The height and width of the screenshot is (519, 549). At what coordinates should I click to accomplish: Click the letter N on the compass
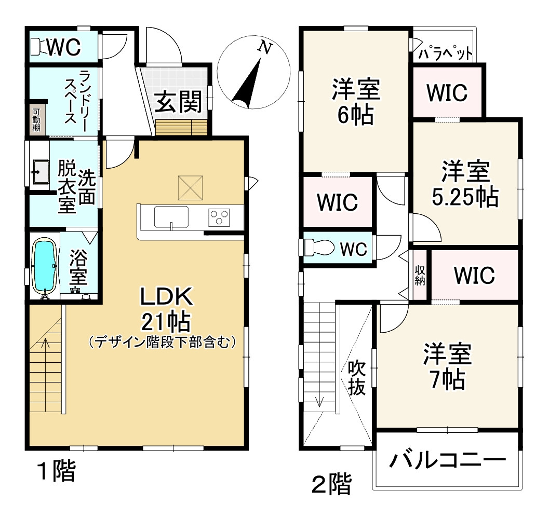coord(266,48)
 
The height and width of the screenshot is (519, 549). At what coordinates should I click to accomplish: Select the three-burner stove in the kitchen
coord(219,216)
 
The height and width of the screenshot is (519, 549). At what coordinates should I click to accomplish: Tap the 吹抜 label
coord(356,377)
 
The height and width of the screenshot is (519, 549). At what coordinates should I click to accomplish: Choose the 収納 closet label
coord(420,275)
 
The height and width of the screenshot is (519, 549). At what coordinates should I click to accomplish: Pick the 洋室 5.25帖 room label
coord(465,184)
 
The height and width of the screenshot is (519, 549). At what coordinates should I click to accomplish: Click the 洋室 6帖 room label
coord(355,102)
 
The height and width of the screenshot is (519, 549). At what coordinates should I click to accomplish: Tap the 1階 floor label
coord(56,472)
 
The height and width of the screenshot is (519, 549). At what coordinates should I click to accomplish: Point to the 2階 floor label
coord(331,485)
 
